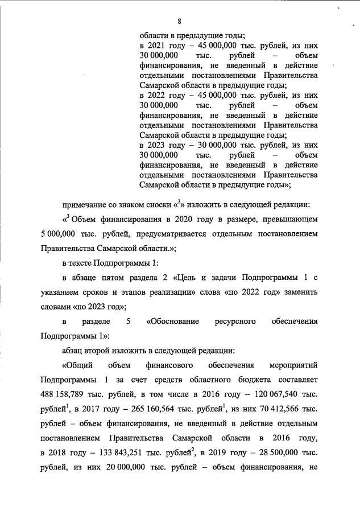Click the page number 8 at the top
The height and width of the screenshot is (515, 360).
179,22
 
